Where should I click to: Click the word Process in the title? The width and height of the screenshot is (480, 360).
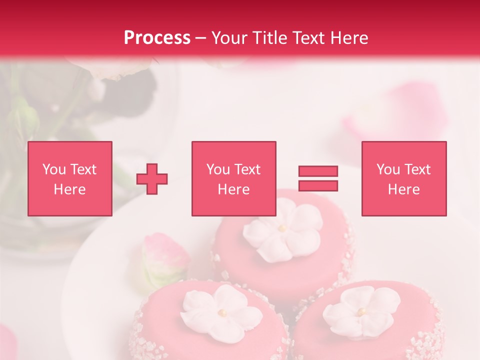pos(157,37)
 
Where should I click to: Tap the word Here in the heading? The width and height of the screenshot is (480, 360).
pos(349,37)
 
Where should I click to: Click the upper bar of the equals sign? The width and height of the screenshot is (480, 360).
pos(318,171)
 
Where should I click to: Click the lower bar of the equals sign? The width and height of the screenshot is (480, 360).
pos(318,185)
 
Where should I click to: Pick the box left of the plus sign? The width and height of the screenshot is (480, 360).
pos(69,178)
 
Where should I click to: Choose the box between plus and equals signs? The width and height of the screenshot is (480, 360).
pos(233,178)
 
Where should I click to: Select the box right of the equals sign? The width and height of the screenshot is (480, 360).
pos(403,178)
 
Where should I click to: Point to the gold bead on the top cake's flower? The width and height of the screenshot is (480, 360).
pos(282,228)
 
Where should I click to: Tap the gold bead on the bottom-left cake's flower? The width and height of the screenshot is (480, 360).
pos(221,312)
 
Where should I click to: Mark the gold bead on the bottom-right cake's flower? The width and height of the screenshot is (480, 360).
pos(360,311)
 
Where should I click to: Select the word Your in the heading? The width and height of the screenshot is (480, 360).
pos(229,37)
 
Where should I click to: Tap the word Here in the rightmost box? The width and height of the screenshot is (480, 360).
pos(403,189)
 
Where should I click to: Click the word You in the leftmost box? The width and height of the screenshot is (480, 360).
pos(54,169)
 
